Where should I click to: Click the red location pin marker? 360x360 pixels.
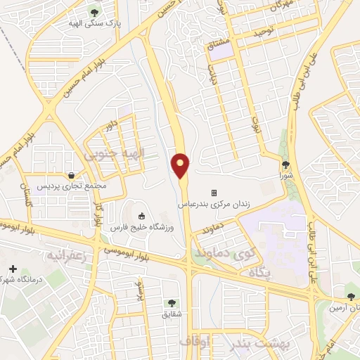(181, 165)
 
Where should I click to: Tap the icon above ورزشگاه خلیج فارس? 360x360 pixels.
(142, 216)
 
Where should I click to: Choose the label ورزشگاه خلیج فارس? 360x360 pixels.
(141, 227)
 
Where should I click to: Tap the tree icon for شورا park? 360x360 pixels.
(285, 165)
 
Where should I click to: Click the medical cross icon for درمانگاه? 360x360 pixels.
(12, 269)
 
